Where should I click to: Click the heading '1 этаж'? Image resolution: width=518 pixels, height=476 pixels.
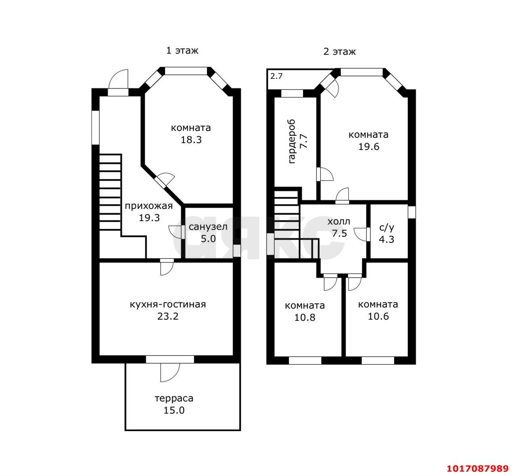182,51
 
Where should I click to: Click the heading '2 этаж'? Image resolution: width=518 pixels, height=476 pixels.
340,52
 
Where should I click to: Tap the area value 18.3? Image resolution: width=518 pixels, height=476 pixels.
191,140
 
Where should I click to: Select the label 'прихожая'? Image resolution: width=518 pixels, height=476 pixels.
149,206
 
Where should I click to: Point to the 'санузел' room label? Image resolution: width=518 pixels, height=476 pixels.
208,227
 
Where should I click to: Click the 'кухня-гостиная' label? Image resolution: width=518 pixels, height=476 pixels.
168,305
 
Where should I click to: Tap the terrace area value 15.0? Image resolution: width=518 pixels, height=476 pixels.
174,410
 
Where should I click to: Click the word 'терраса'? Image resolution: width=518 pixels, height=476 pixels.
174,398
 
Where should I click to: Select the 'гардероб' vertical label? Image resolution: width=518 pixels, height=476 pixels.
292,141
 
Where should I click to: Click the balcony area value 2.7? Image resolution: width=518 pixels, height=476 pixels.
276,76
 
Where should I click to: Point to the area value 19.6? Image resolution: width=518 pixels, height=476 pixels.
369,147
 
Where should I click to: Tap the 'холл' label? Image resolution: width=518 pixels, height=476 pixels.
339,221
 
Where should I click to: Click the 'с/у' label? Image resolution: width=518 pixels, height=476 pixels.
387,227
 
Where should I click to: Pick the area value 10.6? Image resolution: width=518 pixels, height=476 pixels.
378,316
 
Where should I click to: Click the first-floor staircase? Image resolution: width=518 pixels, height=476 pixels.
110,192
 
